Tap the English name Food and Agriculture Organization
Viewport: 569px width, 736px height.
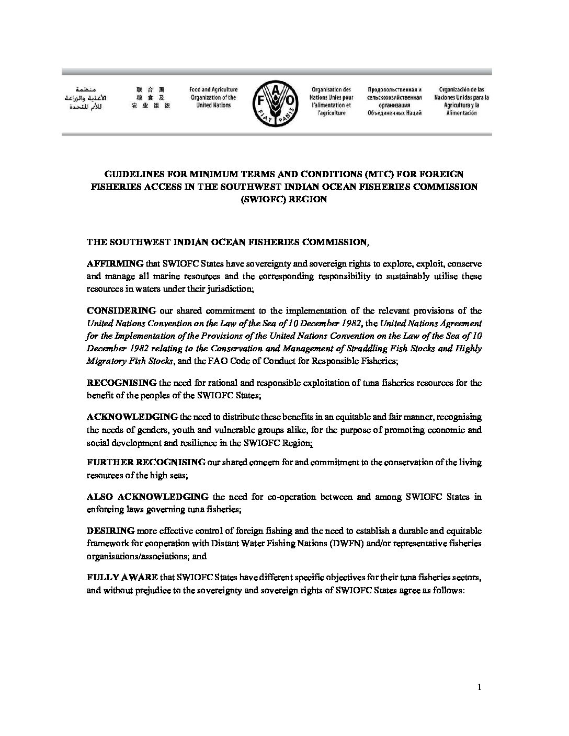click(x=213, y=97)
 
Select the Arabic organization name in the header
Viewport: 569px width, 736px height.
click(x=79, y=98)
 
